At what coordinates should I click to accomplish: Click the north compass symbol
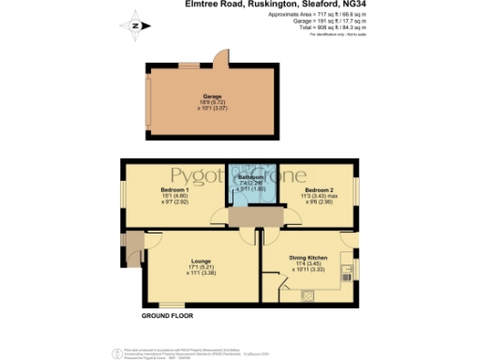(136, 26)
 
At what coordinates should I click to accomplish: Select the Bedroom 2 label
(319, 190)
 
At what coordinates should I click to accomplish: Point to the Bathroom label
(250, 176)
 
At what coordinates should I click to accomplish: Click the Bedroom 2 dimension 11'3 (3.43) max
(319, 196)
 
